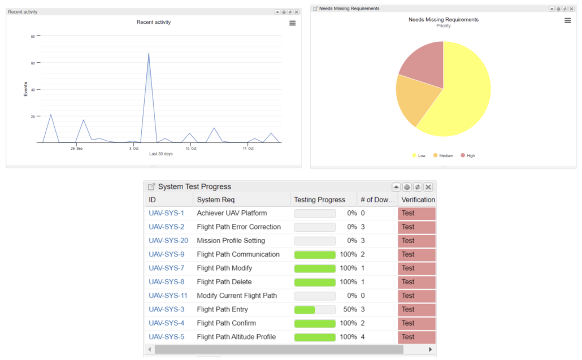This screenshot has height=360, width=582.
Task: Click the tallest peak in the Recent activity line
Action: tap(149, 54)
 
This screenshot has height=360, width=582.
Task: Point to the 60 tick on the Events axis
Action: tap(33, 63)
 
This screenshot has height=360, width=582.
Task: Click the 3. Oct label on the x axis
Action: tap(134, 149)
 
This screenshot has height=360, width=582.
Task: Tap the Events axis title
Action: tap(25, 89)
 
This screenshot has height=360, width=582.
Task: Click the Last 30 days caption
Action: tap(161, 154)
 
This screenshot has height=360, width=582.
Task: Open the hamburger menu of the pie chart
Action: tap(568, 21)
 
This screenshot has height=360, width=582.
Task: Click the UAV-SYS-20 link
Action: tap(168, 241)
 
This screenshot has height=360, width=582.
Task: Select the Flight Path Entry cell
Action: tap(222, 310)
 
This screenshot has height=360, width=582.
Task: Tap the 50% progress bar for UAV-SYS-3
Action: tap(314, 310)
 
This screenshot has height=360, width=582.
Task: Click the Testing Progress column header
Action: tap(319, 199)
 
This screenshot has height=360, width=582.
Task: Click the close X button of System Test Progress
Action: tap(428, 187)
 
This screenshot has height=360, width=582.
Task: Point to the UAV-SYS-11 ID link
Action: tap(168, 296)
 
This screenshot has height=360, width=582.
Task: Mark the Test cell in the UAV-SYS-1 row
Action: tap(416, 214)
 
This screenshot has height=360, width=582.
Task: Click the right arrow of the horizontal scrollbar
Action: tap(430, 350)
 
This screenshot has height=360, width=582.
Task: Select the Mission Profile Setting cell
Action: tap(231, 241)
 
